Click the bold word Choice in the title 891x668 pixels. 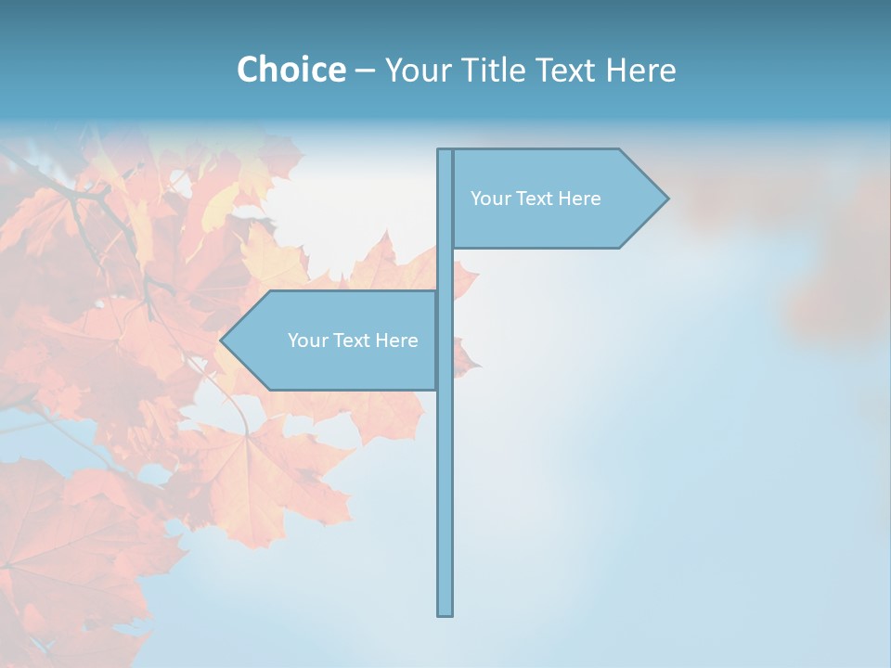point(291,70)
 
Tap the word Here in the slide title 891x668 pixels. point(640,70)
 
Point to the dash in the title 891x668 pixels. point(365,71)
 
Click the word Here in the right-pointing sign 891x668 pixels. point(579,199)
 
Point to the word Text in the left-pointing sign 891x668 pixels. point(352,340)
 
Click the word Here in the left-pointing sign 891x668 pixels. point(396,340)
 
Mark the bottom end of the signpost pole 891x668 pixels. point(445,612)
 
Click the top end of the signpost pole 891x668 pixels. point(445,152)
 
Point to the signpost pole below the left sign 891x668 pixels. point(445,501)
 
